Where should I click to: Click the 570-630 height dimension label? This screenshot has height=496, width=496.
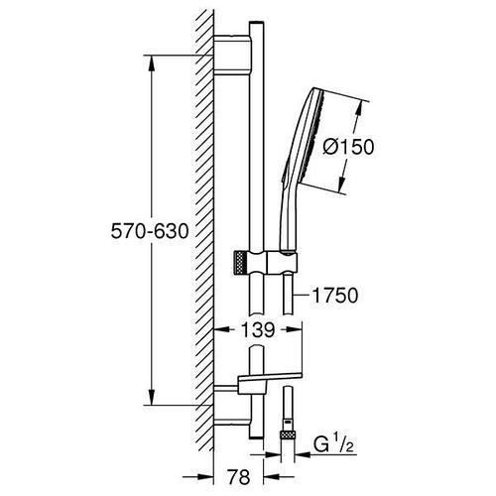[150, 231]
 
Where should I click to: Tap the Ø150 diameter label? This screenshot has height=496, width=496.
[348, 147]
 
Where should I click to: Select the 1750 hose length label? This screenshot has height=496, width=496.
[335, 296]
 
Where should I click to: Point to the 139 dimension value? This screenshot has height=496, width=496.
[258, 329]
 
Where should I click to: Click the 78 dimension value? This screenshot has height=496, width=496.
[239, 477]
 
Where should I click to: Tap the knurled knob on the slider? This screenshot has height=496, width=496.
[240, 262]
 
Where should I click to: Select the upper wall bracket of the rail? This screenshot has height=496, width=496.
[232, 55]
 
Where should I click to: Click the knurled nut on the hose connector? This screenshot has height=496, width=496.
[287, 434]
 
